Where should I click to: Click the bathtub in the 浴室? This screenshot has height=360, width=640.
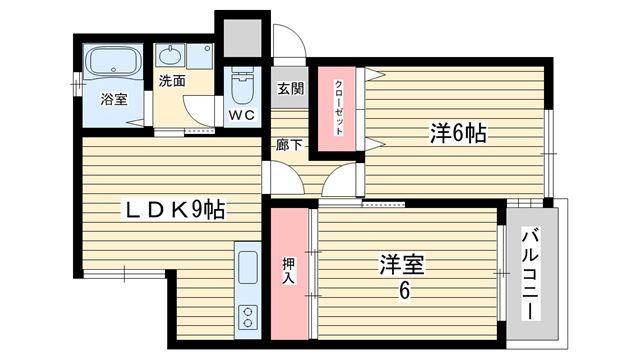click(113, 62)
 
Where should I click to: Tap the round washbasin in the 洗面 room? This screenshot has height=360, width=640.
click(170, 55)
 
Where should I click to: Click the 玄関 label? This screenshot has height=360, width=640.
click(291, 89)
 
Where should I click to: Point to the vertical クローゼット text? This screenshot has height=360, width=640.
click(339, 108)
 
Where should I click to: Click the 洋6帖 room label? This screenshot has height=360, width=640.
click(458, 133)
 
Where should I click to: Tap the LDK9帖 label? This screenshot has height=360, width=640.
click(174, 210)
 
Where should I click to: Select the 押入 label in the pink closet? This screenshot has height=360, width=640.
click(289, 271)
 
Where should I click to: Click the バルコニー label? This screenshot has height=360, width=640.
click(530, 274)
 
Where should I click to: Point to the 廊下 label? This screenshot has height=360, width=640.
click(289, 144)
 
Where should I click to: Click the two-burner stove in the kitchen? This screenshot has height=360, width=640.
click(248, 317)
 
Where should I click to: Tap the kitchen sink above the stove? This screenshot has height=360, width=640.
click(248, 267)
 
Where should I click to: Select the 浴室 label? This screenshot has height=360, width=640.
click(114, 99)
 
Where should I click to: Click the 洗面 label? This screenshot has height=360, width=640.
click(172, 81)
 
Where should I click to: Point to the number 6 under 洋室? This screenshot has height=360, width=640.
click(404, 291)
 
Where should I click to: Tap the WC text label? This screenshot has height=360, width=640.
click(242, 115)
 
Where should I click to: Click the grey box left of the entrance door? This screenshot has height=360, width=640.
click(242, 38)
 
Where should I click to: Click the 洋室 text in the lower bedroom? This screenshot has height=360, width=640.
click(402, 264)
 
